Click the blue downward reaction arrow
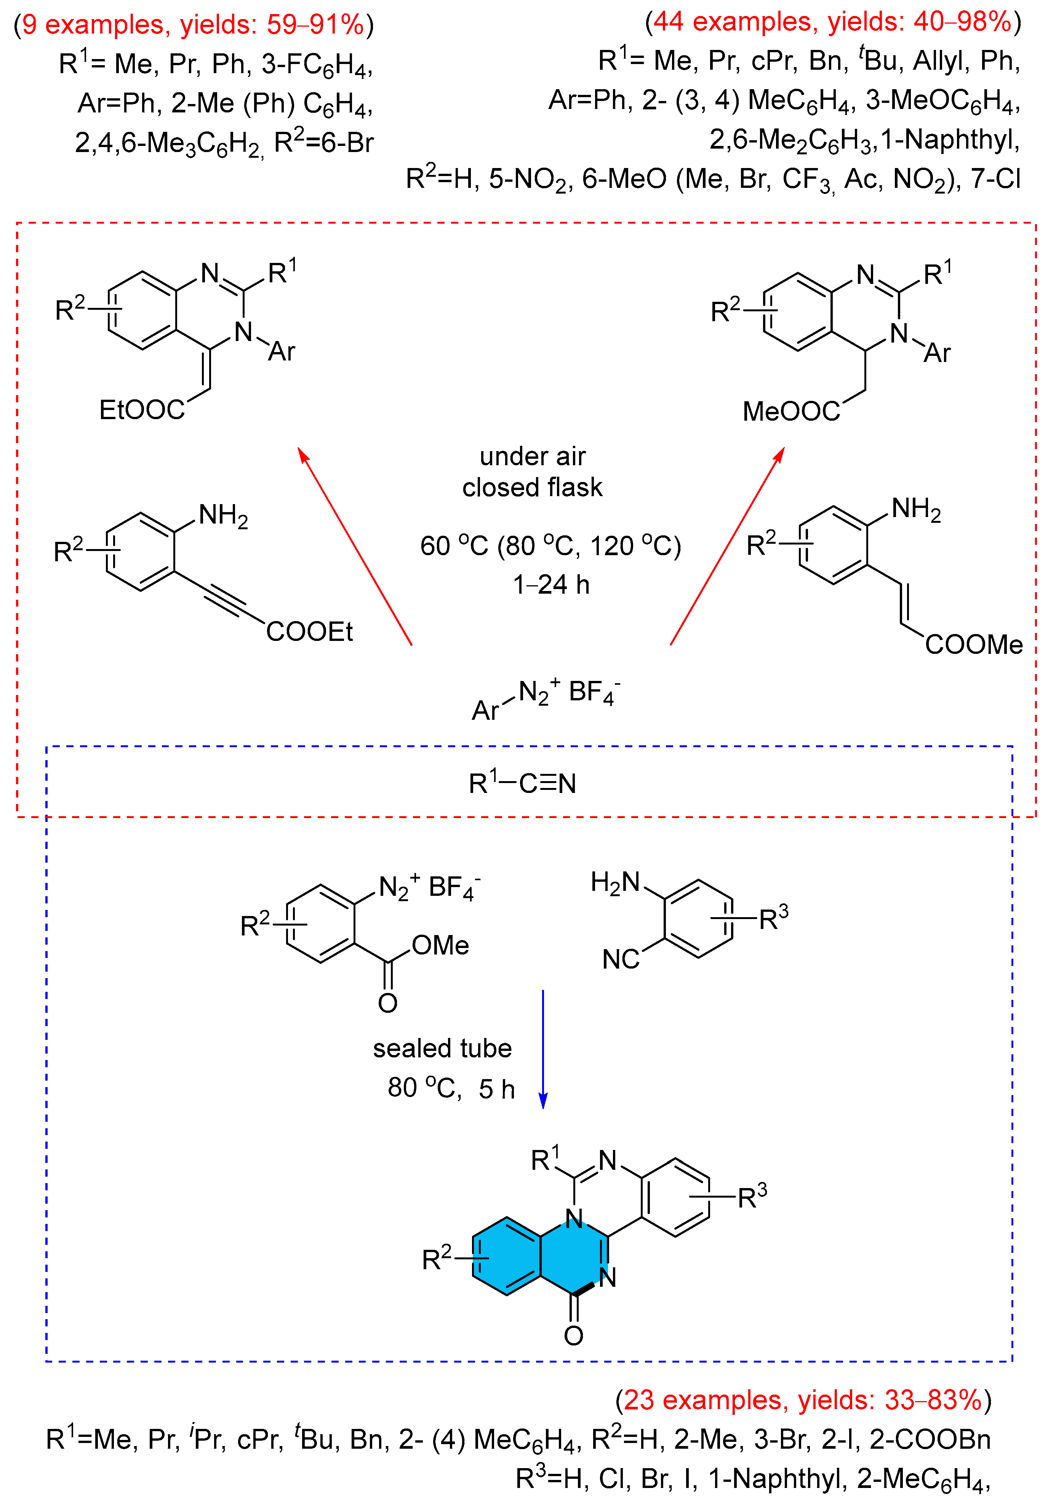543,1050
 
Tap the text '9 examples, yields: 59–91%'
193,25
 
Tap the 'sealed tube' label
442,1048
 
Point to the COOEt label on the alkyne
309,631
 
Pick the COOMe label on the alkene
973,645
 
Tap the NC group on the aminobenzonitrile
620,959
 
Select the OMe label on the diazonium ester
440,945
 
